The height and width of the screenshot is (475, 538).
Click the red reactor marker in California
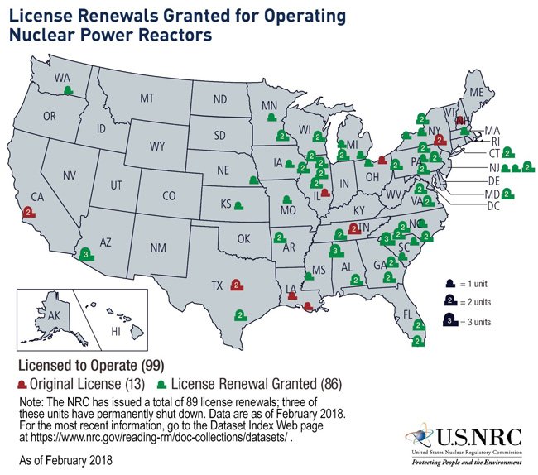(30, 213)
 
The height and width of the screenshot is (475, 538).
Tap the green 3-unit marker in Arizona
(87, 255)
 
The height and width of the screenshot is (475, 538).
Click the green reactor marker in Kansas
(238, 204)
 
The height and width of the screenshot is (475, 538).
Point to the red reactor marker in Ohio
(381, 161)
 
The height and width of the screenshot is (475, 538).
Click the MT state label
(147, 98)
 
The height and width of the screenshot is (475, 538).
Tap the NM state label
(157, 247)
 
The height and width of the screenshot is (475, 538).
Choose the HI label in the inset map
(116, 330)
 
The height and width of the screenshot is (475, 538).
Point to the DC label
(493, 204)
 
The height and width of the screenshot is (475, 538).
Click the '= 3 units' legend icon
(448, 320)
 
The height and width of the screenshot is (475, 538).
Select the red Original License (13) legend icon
(22, 386)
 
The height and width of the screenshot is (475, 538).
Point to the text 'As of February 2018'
(62, 458)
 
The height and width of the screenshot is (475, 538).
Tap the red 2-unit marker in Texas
(237, 285)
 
